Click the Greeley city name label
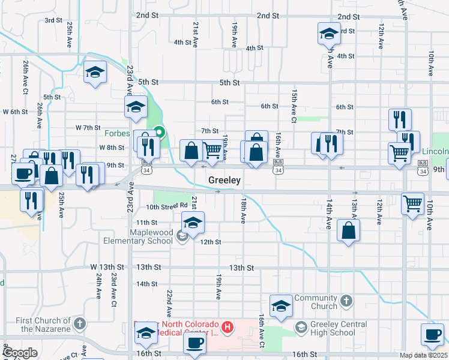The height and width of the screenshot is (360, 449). pyautogui.click(x=224, y=180)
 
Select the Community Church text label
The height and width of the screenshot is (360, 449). pyautogui.click(x=316, y=302)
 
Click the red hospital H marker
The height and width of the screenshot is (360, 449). pyautogui.click(x=228, y=327)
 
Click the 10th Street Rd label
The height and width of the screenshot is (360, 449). pyautogui.click(x=167, y=206)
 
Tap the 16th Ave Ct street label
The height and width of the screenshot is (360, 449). pyautogui.click(x=262, y=331)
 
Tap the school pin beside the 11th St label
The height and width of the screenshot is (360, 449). pyautogui.click(x=193, y=223)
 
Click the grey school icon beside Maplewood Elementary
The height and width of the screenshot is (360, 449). pyautogui.click(x=182, y=236)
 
